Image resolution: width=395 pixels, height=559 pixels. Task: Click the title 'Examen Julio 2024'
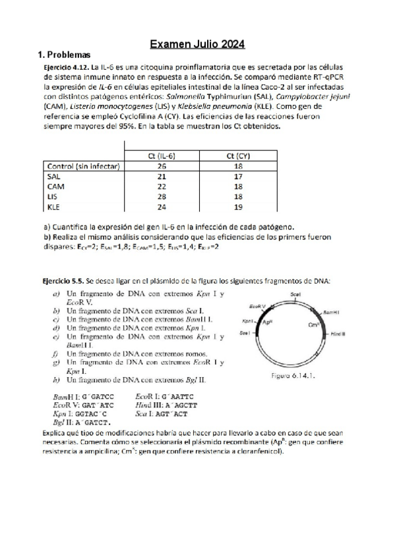pos(198,45)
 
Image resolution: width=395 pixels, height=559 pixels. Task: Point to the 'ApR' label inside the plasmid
pos(268,323)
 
